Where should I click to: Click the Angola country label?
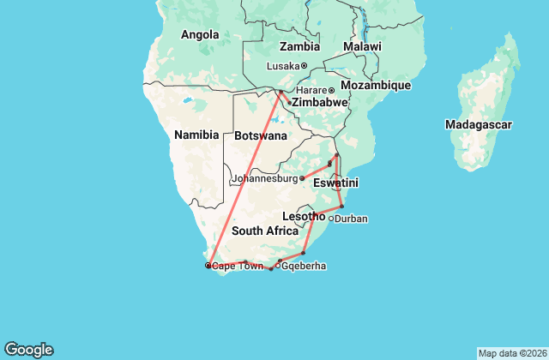[200, 35]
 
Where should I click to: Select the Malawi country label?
[362, 46]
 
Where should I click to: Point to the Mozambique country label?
[376, 86]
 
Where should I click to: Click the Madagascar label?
[479, 125]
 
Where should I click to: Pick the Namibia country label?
[196, 135]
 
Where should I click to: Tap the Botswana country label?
[260, 136]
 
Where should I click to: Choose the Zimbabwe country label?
[319, 103]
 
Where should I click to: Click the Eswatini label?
[335, 183]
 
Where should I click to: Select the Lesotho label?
[303, 217]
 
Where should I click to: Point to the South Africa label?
[264, 231]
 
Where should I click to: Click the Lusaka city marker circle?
[304, 66]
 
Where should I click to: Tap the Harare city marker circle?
[331, 91]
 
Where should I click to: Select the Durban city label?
[351, 219]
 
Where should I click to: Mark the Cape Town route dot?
[208, 266]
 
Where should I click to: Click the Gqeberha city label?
[303, 267]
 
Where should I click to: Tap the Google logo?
[28, 350]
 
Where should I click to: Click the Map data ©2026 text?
[511, 353]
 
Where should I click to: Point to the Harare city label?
[312, 91]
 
